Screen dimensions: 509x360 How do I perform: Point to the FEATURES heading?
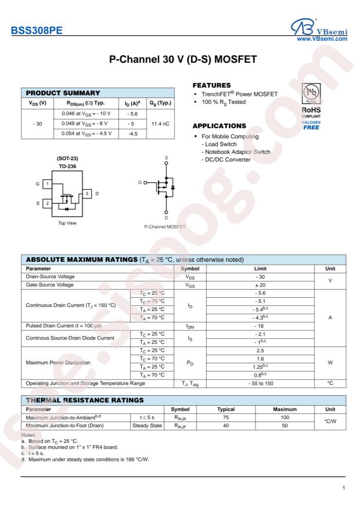[x=208, y=85]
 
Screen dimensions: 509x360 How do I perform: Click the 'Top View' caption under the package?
[x=64, y=223]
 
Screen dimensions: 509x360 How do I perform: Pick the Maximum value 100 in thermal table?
[x=281, y=417]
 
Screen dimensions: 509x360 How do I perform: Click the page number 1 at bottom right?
[x=346, y=488]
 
